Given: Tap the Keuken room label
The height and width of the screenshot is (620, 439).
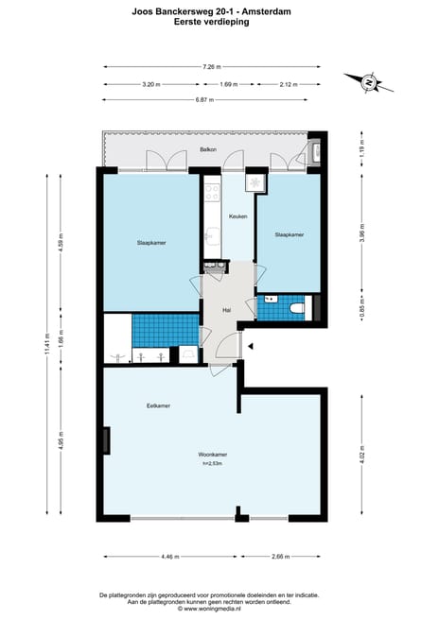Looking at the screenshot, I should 237,217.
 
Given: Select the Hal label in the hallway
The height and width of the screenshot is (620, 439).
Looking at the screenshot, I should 227,310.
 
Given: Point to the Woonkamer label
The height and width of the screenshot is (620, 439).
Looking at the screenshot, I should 214,455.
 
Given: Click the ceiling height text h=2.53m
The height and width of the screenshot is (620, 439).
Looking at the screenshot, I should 214,463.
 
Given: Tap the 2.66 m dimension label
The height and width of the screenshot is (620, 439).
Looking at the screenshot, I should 281,556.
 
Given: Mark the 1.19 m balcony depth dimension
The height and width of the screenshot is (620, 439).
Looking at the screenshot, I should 361,148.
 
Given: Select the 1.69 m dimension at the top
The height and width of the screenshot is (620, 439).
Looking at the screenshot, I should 228,84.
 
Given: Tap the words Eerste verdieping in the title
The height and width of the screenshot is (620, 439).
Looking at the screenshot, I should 212,22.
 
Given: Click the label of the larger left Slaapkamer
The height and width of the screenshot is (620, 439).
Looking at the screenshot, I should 150,243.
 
